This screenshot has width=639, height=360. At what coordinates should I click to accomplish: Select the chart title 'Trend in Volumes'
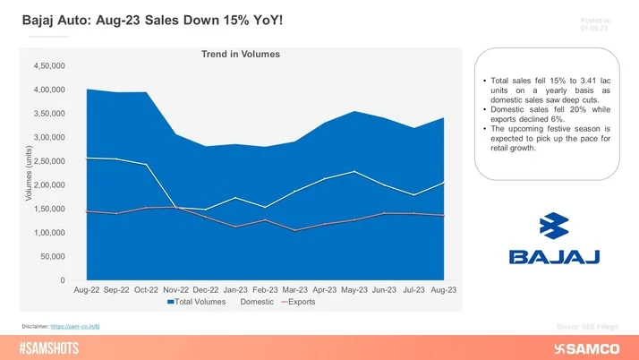click(x=240, y=54)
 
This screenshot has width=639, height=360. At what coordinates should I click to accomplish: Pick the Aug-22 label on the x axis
click(x=87, y=290)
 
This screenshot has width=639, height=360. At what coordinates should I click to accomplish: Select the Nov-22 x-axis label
click(x=176, y=290)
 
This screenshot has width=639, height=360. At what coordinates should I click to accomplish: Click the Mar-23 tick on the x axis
click(x=295, y=290)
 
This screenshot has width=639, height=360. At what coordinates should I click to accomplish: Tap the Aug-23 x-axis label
click(x=444, y=290)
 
